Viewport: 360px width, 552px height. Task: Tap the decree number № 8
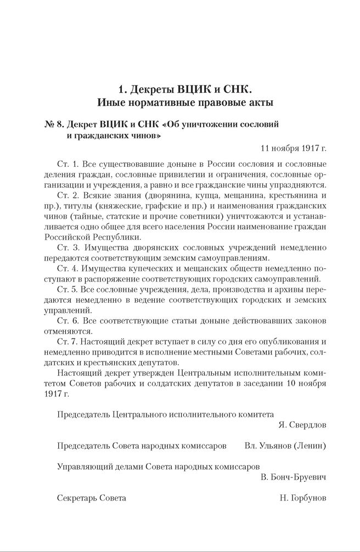[x=55, y=125]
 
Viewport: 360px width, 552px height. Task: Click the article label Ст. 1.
[x=67, y=164]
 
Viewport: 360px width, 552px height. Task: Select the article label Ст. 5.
[x=67, y=289]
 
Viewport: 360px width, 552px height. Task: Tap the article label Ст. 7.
[x=67, y=341]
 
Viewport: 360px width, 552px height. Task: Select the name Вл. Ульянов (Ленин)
[x=285, y=446]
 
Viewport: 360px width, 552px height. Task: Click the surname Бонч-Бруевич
[x=299, y=477]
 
